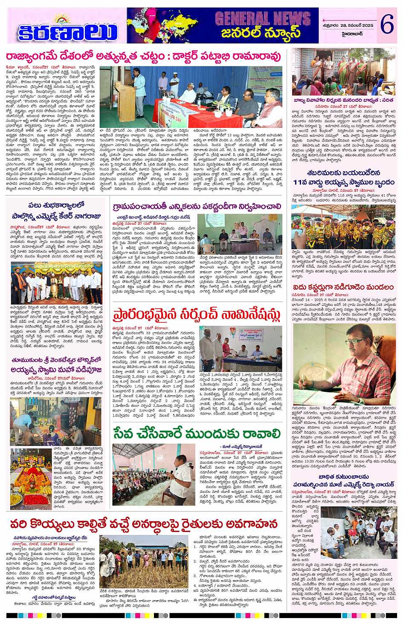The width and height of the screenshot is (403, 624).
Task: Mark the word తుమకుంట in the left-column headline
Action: [26, 360]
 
